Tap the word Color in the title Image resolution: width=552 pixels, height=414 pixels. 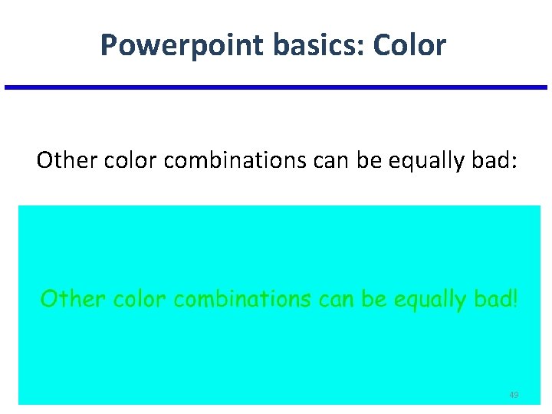point(409,46)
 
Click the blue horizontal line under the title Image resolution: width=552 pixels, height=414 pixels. point(276,87)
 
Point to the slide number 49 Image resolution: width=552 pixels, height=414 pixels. point(514,395)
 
